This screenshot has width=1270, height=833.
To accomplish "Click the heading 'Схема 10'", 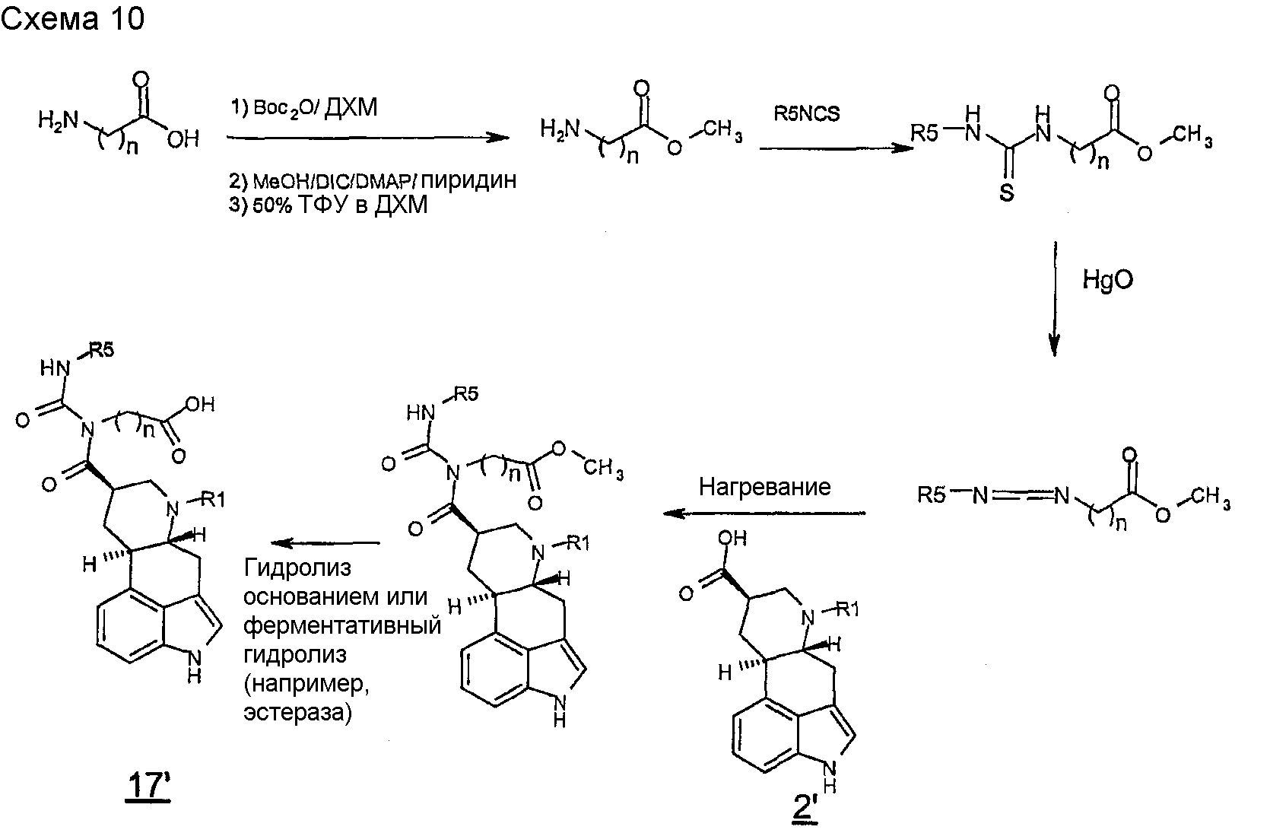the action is click(x=72, y=18).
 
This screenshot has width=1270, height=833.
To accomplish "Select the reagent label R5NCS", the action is click(x=807, y=114).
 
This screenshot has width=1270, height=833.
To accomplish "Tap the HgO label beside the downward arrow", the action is click(x=1108, y=279).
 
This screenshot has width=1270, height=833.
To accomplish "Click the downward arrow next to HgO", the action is click(x=1054, y=299).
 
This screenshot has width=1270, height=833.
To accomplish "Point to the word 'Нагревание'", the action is click(x=764, y=487).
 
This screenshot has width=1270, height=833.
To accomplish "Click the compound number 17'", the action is click(x=148, y=785).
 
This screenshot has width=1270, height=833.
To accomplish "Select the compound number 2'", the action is click(x=805, y=808).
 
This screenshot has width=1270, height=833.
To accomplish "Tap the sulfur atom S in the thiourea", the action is click(x=1006, y=192).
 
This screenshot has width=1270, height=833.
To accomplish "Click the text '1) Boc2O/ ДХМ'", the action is click(x=304, y=107).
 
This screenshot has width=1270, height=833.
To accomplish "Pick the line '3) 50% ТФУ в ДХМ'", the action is click(x=329, y=205).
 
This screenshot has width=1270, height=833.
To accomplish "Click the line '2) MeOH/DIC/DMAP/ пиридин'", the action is click(x=373, y=180).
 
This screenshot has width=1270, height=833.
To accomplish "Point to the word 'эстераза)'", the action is click(x=298, y=713).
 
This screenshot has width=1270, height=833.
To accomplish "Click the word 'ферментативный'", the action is click(x=342, y=625).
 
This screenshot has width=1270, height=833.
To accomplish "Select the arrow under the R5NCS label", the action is click(x=837, y=148).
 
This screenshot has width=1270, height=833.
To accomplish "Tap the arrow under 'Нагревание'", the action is click(x=764, y=513).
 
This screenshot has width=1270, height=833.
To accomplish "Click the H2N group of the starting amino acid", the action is click(x=58, y=120).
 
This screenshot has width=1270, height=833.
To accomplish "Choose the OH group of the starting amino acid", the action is click(x=183, y=139).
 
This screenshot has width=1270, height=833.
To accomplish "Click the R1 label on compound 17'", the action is click(x=213, y=500).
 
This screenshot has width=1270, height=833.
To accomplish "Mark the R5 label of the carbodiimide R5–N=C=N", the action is click(x=932, y=495).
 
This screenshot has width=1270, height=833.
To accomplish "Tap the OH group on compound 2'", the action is click(x=732, y=538).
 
